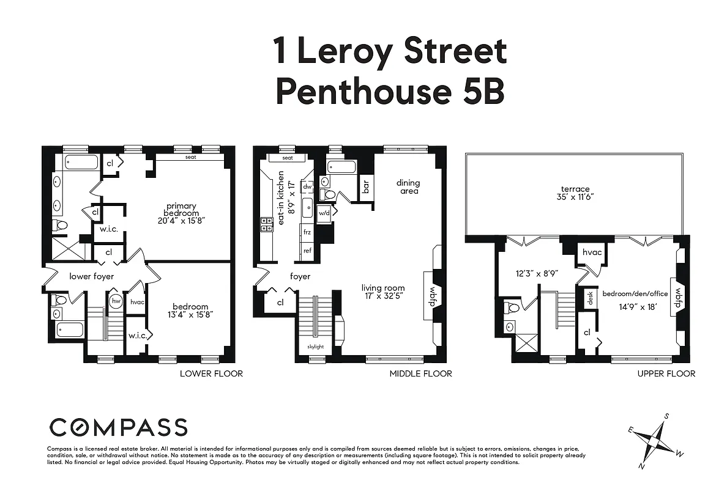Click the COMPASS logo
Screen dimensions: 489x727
[x=117, y=427]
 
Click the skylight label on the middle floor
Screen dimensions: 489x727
[x=316, y=347]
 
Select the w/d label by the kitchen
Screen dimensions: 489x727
[x=324, y=212]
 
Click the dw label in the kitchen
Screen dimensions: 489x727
[x=308, y=186]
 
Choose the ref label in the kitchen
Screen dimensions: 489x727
[x=307, y=250]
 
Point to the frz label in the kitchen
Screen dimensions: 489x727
[x=307, y=232]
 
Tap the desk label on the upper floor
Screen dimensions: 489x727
[x=591, y=298]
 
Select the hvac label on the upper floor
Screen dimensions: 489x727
[x=592, y=252]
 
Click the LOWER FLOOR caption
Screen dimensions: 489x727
[x=211, y=373]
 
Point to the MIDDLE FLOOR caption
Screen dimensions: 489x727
[x=420, y=373]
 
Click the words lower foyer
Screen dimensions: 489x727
[x=91, y=276]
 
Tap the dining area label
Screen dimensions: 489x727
[x=408, y=186]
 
